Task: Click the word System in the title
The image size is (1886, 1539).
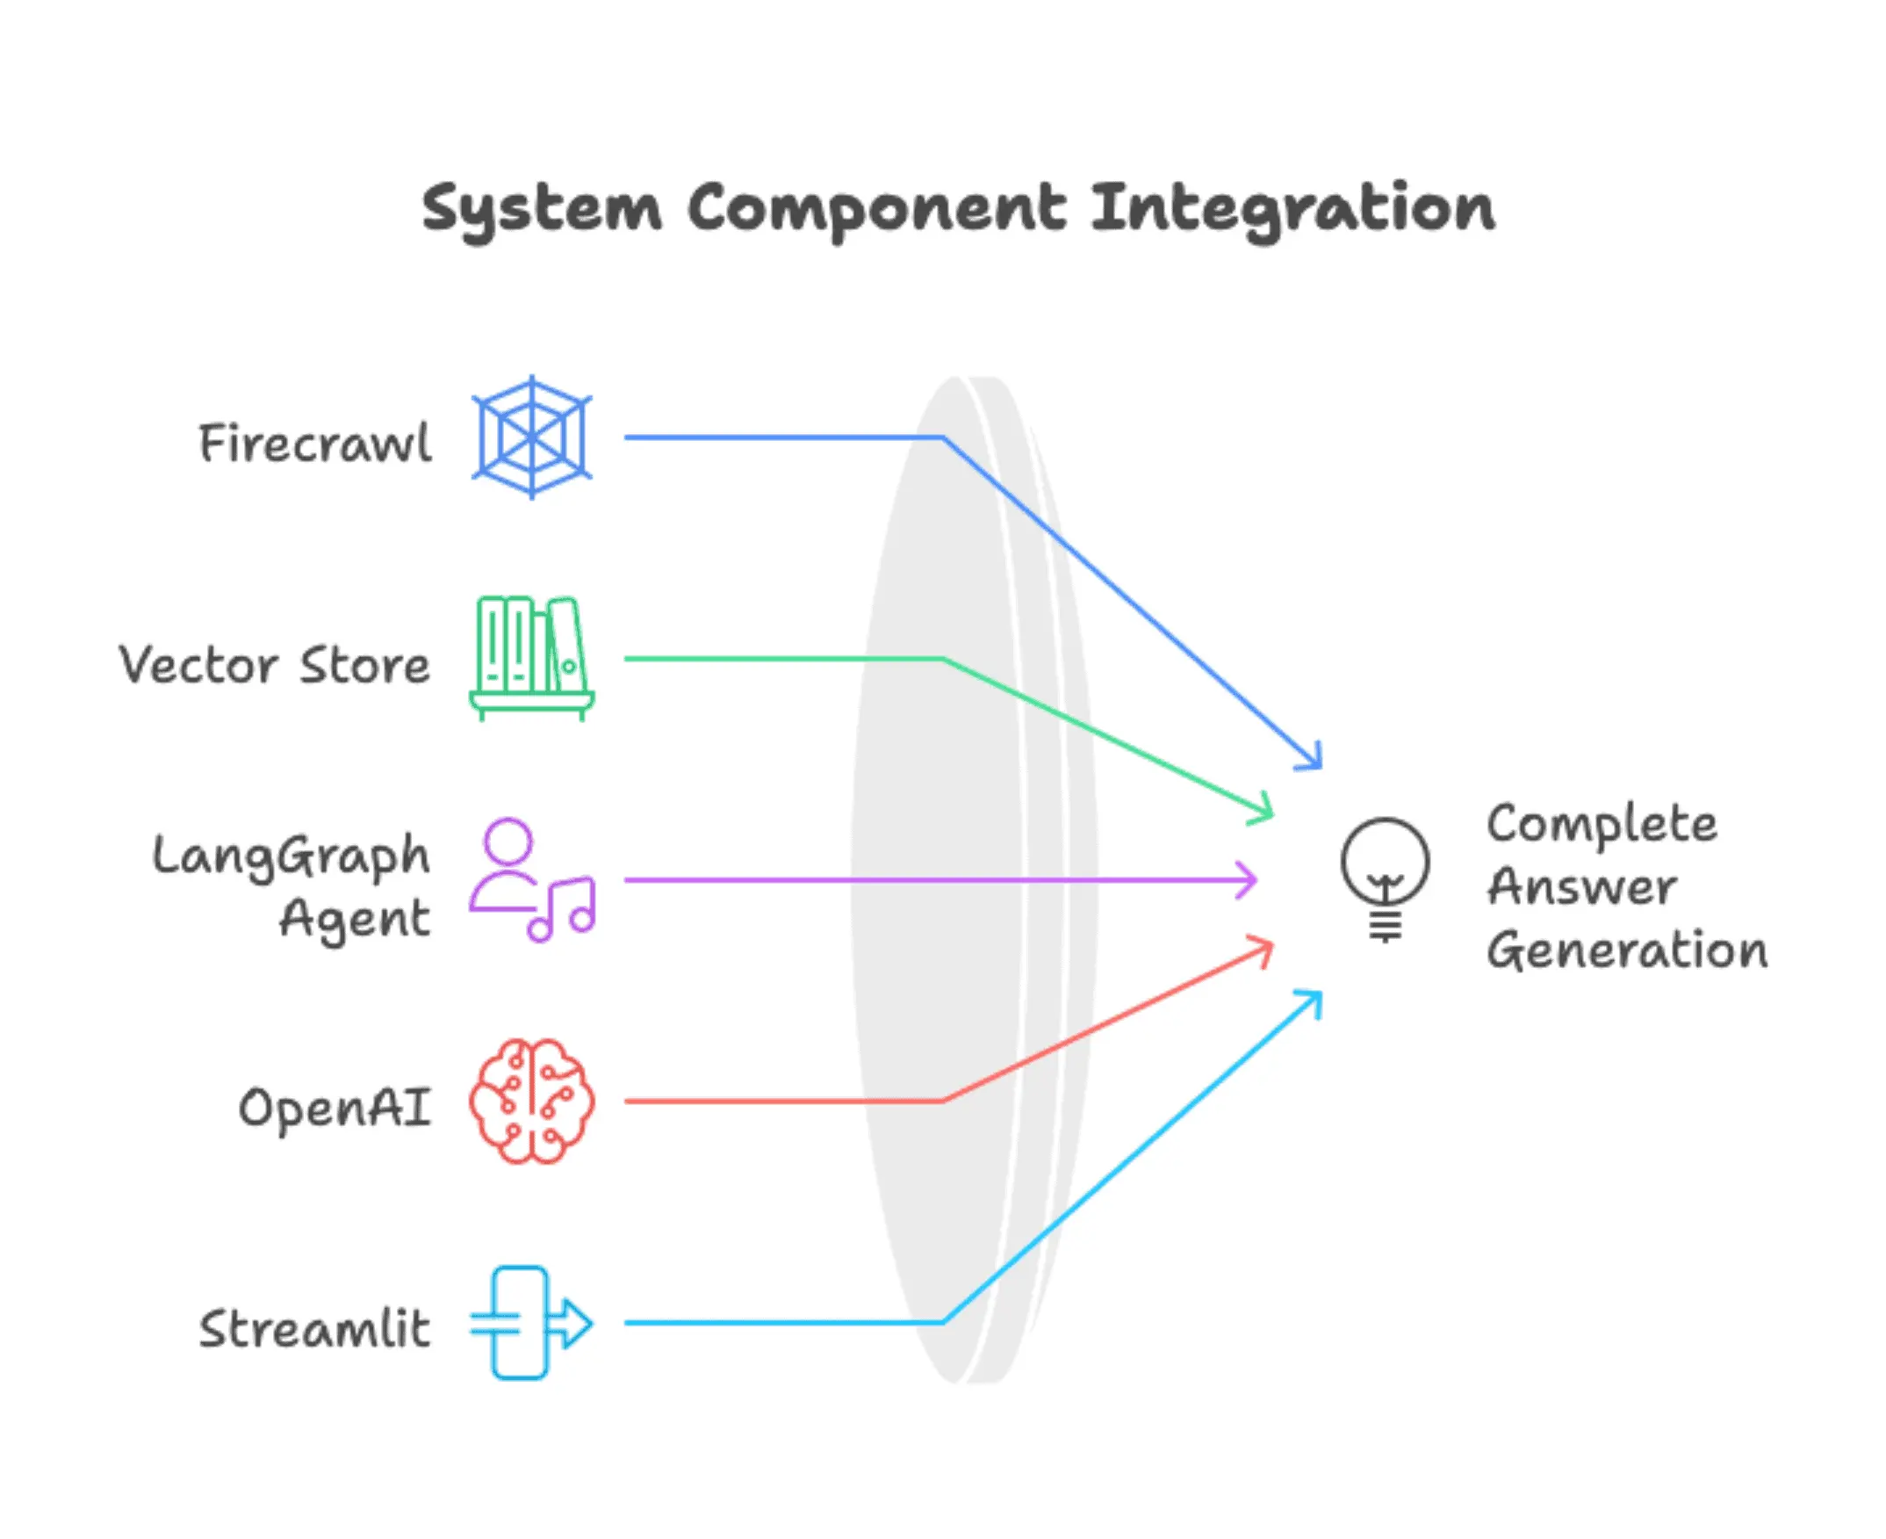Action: click(542, 210)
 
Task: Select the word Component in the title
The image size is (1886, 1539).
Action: click(876, 210)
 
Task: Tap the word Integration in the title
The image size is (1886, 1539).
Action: click(1292, 210)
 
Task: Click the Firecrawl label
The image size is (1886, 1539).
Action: click(315, 443)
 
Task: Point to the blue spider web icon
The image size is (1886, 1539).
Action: click(532, 437)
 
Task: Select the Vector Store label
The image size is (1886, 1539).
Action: click(275, 665)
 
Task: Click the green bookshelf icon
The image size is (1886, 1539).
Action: click(532, 658)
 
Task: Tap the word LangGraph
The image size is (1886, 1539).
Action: click(291, 856)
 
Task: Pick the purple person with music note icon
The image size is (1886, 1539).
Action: click(532, 879)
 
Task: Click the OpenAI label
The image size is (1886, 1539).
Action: click(335, 1108)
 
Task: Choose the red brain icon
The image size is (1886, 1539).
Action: click(532, 1101)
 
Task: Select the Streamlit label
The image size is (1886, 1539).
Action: click(314, 1329)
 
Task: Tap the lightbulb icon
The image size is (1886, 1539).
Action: click(1385, 878)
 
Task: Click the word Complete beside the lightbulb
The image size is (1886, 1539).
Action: click(1602, 825)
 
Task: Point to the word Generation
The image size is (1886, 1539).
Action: click(1627, 950)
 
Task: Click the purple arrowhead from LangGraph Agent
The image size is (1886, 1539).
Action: click(1249, 879)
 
